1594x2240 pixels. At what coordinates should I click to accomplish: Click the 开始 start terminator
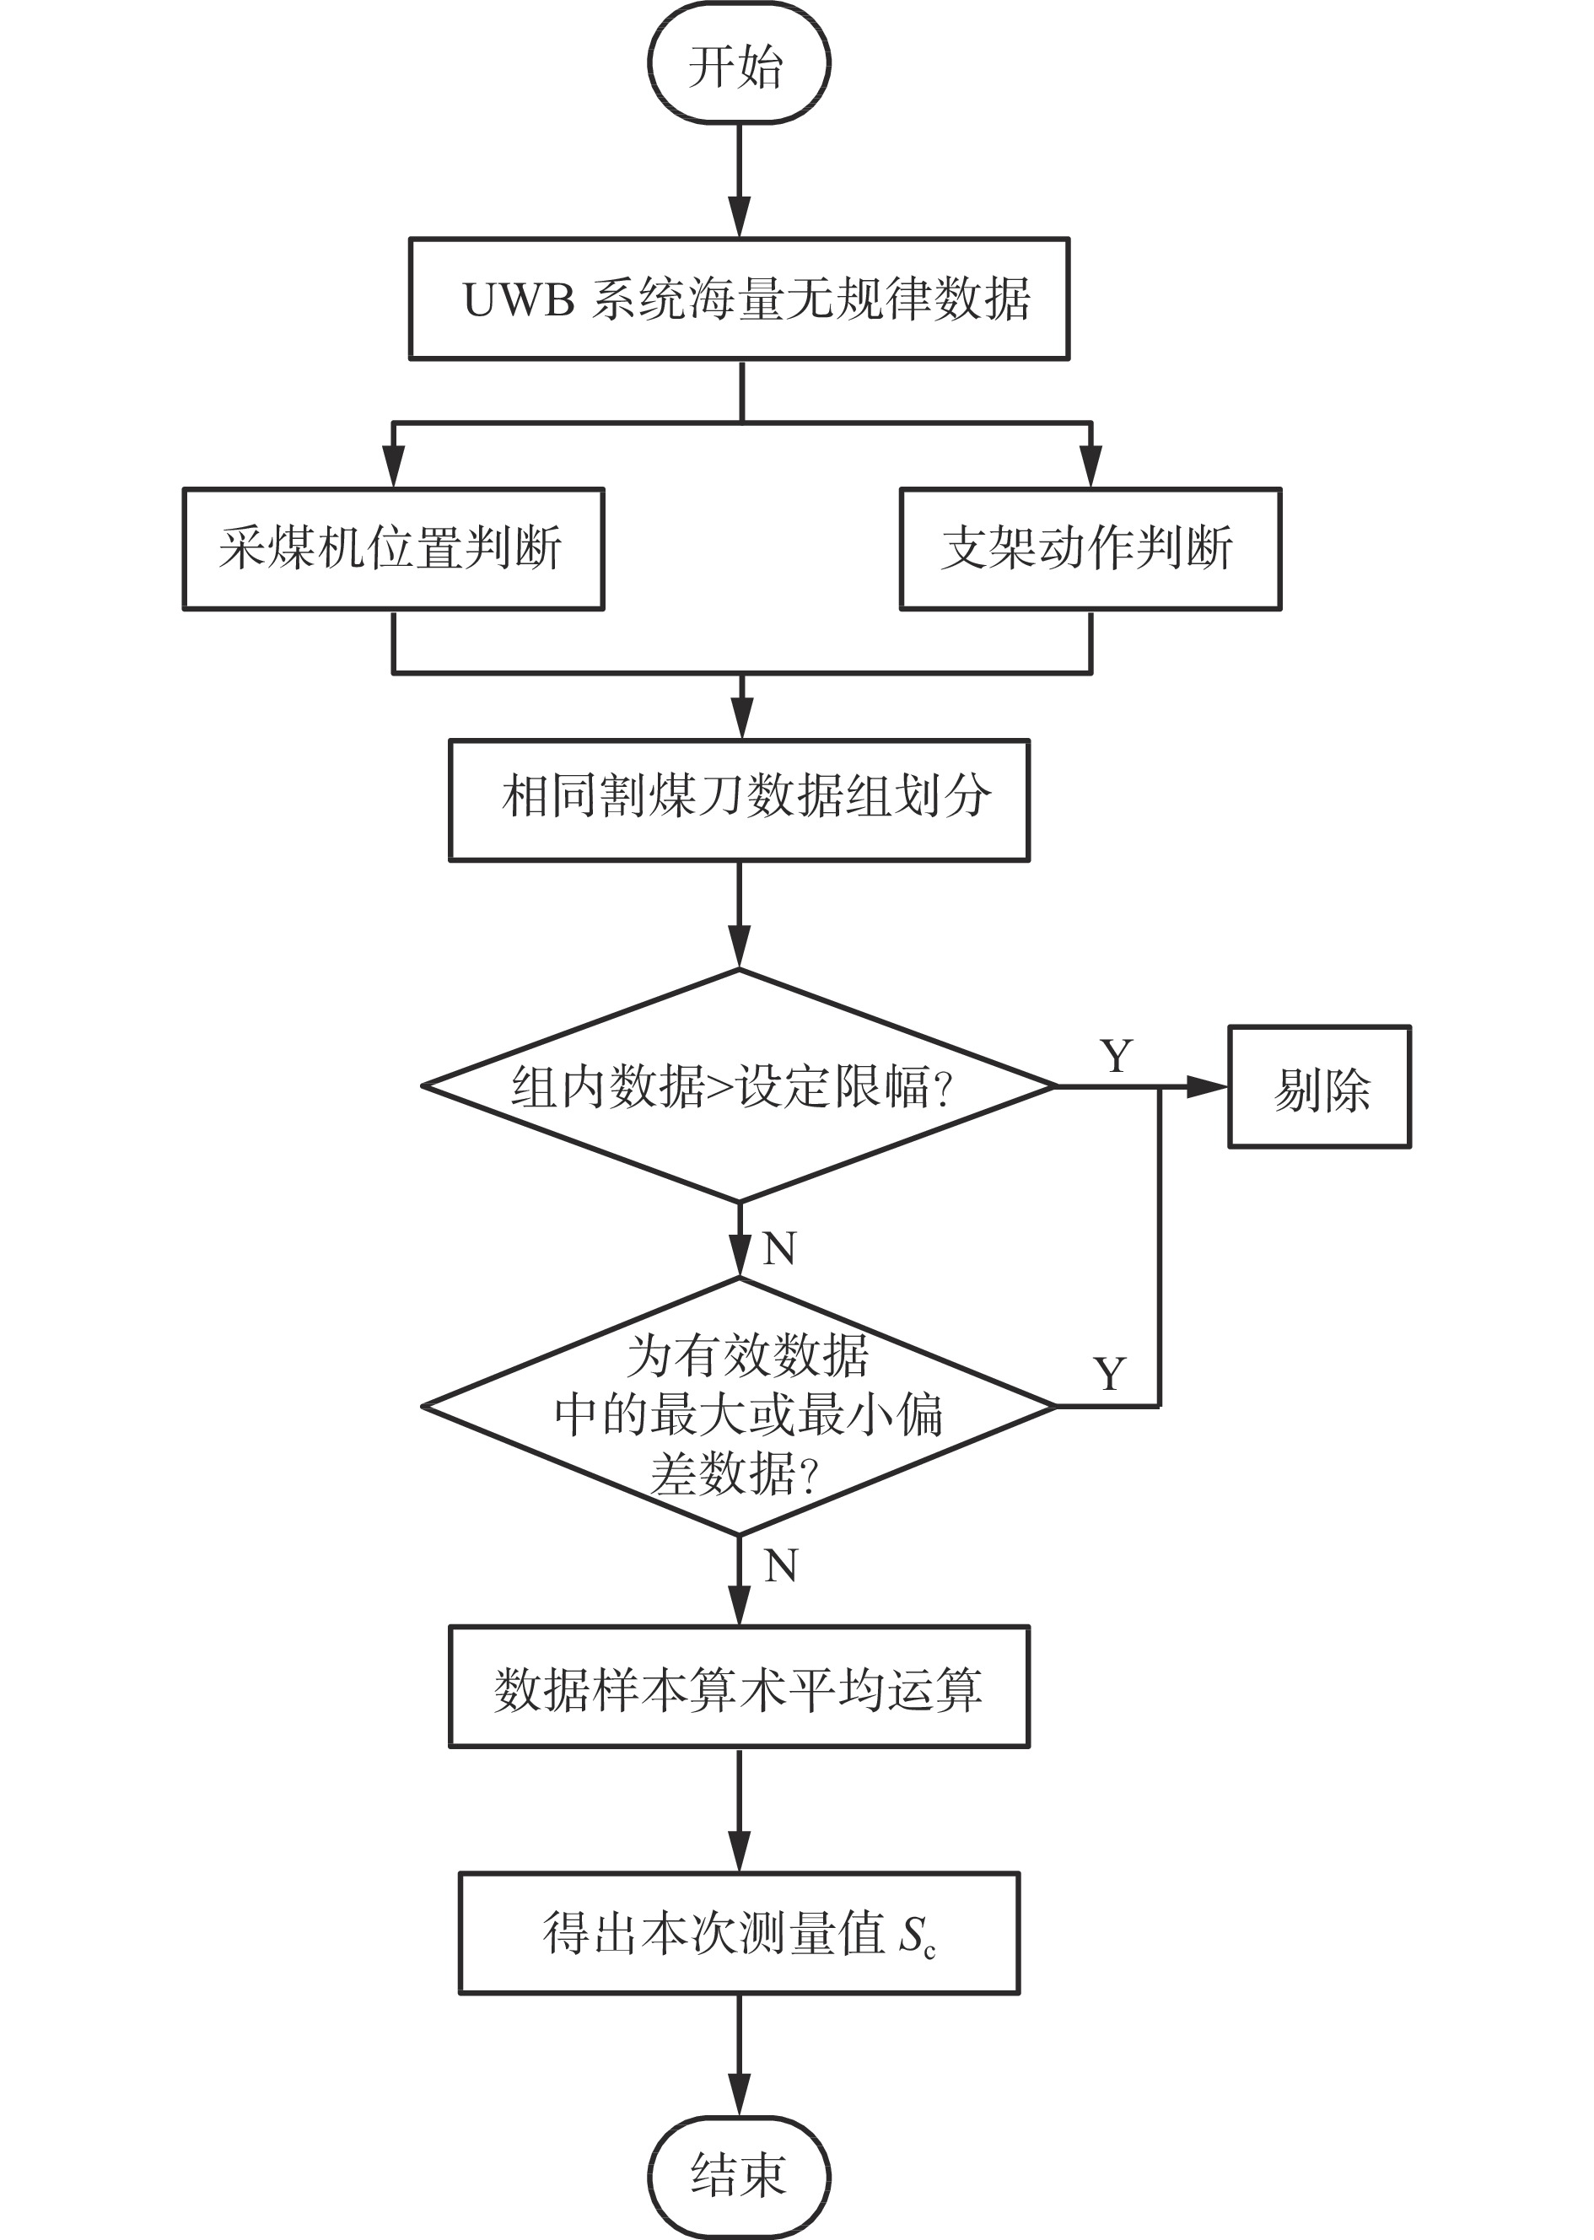click(x=738, y=64)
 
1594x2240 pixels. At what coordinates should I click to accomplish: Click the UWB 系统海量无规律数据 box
click(x=738, y=299)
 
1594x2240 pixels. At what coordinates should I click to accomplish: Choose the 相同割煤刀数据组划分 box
click(x=738, y=800)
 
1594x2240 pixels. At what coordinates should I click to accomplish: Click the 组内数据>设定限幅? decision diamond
click(x=738, y=1085)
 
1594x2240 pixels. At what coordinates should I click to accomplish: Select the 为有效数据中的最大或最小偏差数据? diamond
click(x=738, y=1407)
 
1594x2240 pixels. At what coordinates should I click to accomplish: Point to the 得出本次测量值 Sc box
click(x=738, y=1933)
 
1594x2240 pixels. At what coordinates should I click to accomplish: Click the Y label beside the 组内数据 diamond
click(x=1116, y=1056)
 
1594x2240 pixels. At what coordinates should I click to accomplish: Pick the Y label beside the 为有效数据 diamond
click(x=1109, y=1374)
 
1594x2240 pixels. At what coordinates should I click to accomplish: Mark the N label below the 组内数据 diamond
click(x=779, y=1248)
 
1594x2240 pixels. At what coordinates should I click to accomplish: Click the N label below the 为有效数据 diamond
click(x=780, y=1565)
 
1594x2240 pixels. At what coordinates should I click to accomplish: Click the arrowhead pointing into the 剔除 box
click(x=1209, y=1086)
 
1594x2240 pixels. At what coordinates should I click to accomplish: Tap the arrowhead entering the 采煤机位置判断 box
click(x=393, y=467)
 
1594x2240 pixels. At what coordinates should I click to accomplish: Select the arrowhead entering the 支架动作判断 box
click(x=1090, y=467)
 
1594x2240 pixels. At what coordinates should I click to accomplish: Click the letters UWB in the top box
click(x=517, y=300)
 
